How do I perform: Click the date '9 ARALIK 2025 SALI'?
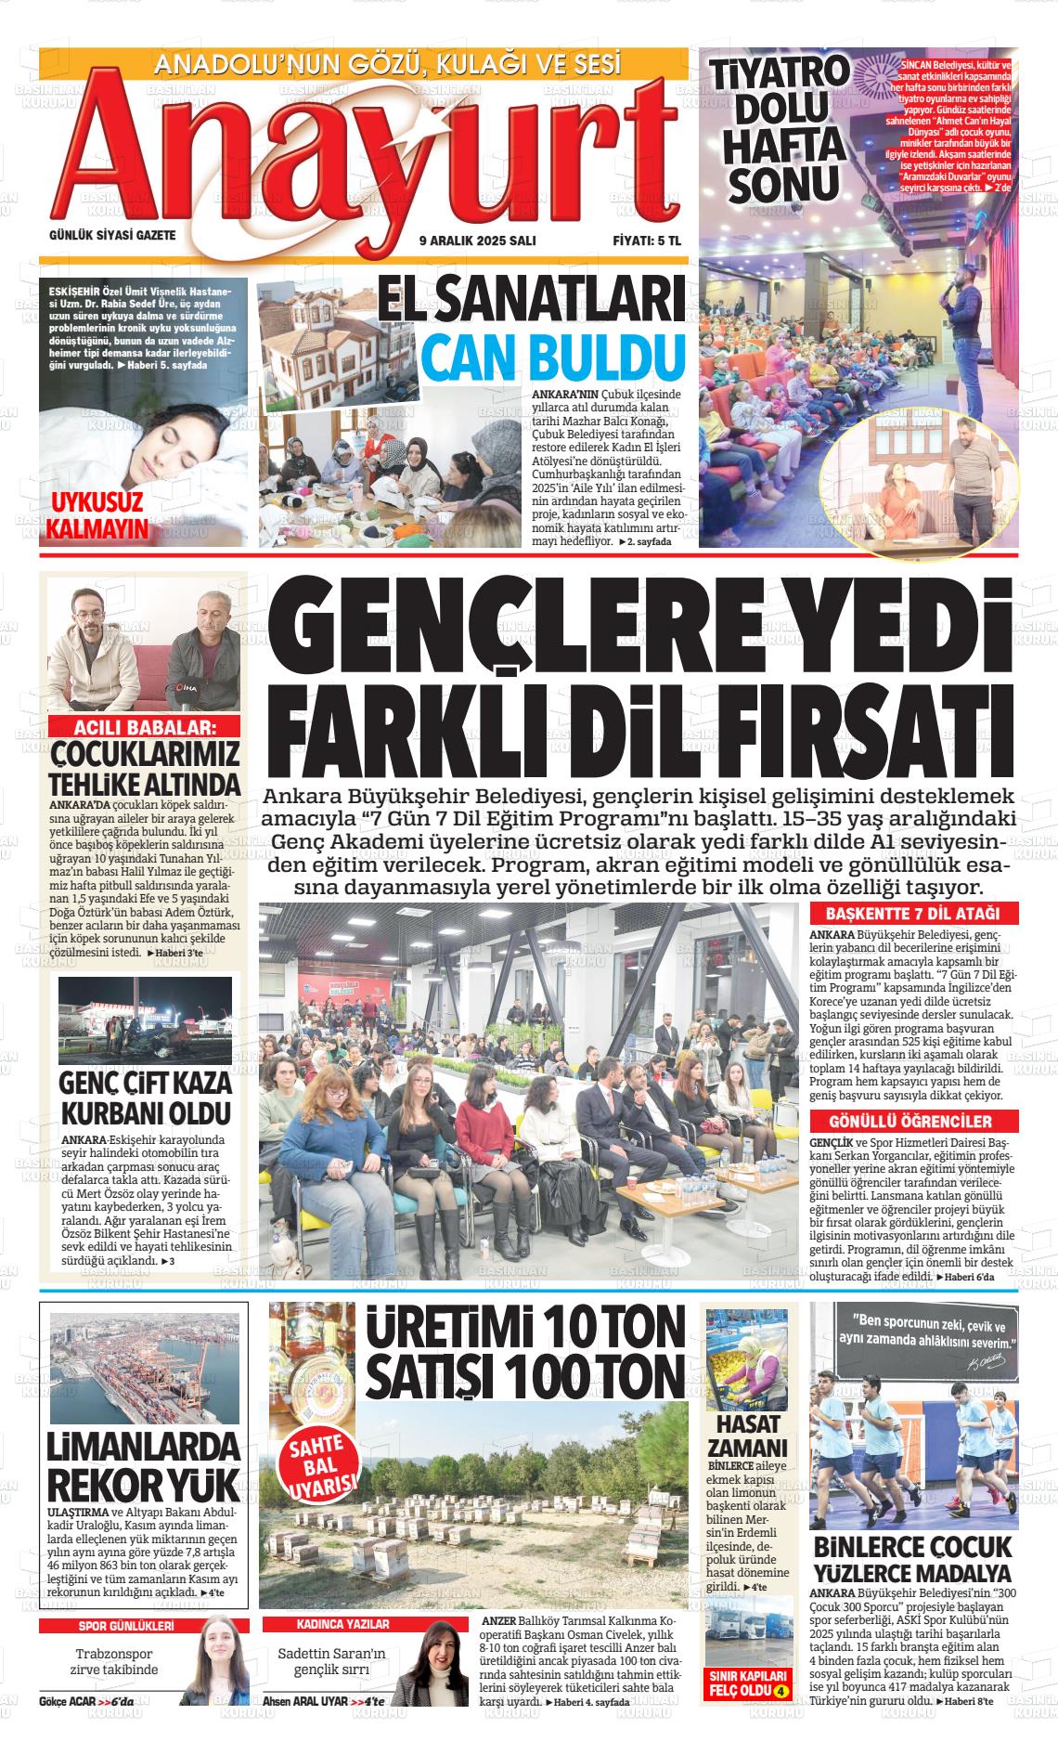pos(477,240)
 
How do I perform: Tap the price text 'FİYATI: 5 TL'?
pos(646,240)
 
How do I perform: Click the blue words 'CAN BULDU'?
pos(553,357)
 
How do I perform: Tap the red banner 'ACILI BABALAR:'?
pos(144,727)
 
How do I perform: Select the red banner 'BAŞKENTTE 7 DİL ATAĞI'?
pos(914,913)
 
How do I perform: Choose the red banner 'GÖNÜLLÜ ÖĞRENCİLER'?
pos(914,1121)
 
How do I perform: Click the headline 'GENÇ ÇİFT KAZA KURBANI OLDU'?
pos(145,1098)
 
